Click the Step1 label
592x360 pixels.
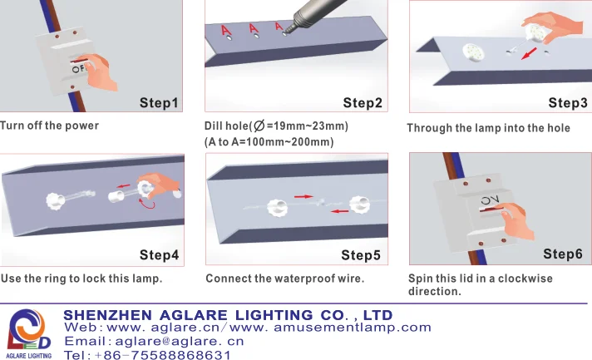tap(159, 103)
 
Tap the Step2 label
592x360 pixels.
tap(363, 103)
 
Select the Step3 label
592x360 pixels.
tap(568, 103)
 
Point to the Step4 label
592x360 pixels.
tap(159, 254)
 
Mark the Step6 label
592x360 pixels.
tap(563, 254)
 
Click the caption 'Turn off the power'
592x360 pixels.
tap(50, 126)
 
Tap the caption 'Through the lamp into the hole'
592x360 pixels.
tap(488, 128)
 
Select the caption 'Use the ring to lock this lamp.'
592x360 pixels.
tap(81, 278)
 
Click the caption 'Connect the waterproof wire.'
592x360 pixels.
tap(285, 278)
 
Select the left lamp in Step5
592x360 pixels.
tap(274, 205)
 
